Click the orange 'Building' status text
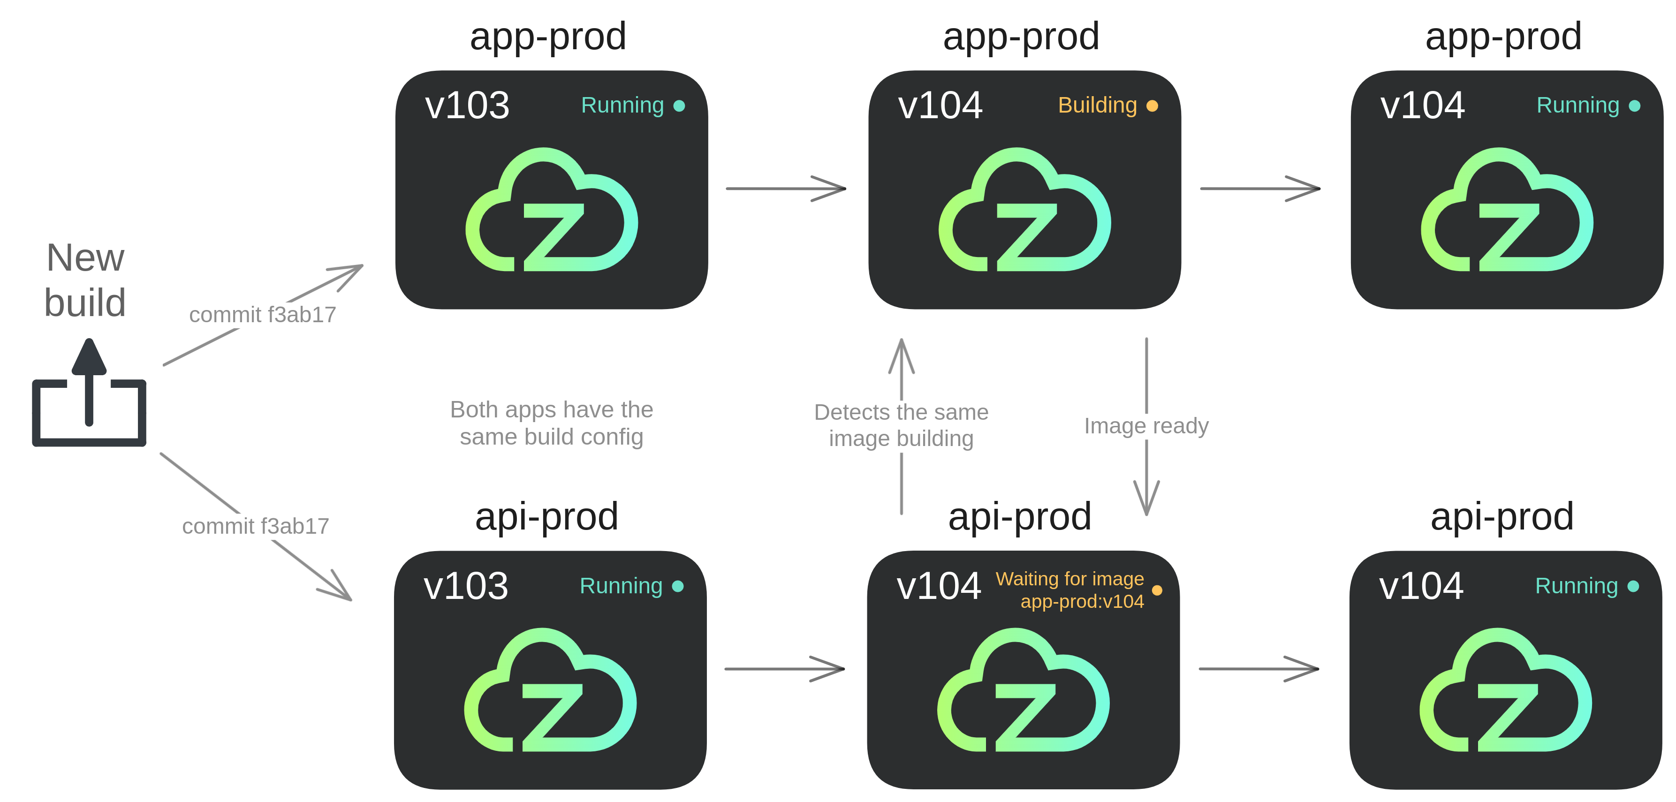coord(1097,106)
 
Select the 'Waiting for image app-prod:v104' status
coord(1070,589)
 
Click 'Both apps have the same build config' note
coord(551,423)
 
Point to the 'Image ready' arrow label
coord(1146,425)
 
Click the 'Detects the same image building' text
coord(901,425)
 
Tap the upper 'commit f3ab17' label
coord(262,315)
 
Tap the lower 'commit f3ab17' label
coord(256,526)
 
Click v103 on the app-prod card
coord(467,106)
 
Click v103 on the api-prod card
coord(465,586)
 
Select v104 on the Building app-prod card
coord(940,106)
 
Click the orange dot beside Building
coord(1152,106)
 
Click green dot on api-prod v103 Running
coord(677,586)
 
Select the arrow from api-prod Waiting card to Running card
coord(1259,669)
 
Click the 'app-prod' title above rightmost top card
coord(1503,37)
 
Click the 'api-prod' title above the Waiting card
coord(1019,517)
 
